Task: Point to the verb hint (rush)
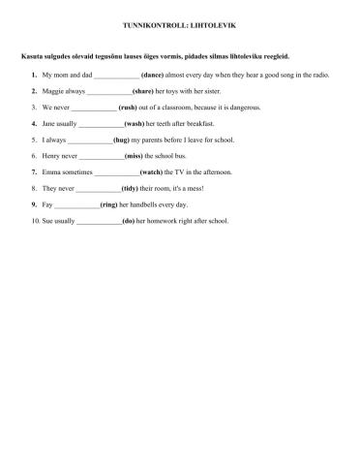133,108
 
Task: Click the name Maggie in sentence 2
54,91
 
